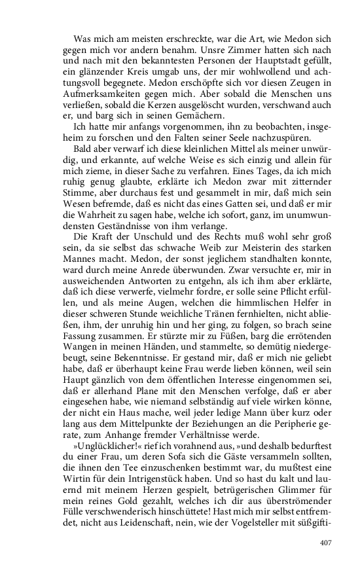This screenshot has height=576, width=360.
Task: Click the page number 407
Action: point(327,524)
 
